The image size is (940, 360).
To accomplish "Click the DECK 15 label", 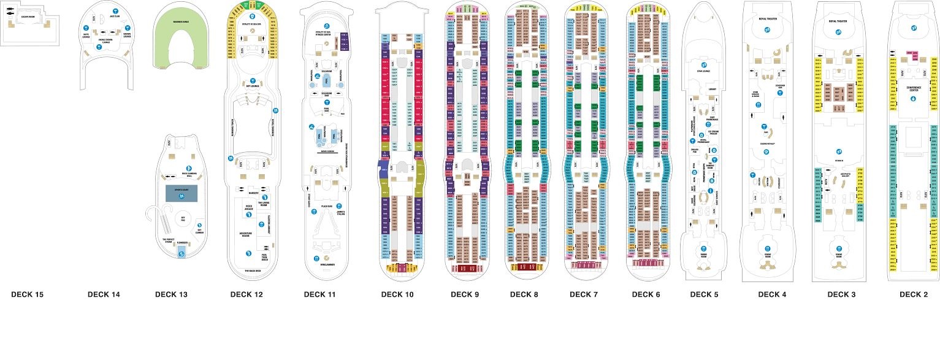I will pyautogui.click(x=27, y=295).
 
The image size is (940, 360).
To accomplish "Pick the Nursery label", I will pyautogui.click(x=252, y=194).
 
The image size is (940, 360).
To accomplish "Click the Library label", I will pyautogui.click(x=712, y=90).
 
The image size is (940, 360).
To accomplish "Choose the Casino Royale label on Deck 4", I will pyautogui.click(x=767, y=145).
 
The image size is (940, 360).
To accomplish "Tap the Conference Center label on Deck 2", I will pyautogui.click(x=912, y=89).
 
